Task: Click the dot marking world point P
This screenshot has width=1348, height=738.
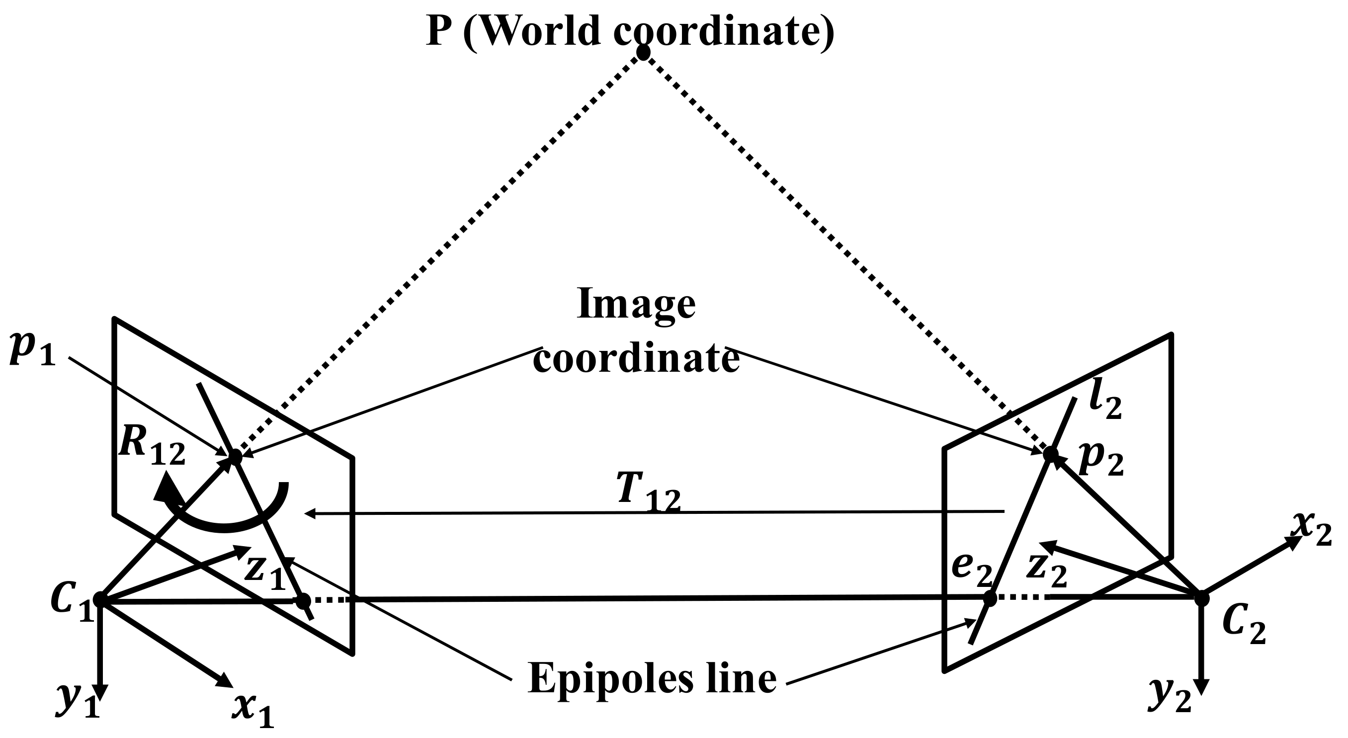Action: point(643,52)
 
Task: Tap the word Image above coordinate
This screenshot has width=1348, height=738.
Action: point(636,305)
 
